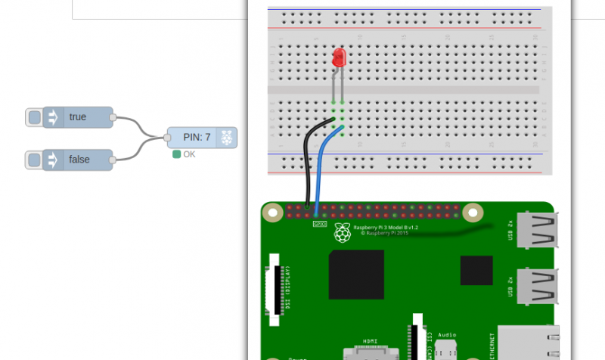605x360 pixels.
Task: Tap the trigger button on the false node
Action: coord(34,160)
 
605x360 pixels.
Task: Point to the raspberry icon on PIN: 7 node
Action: coord(227,137)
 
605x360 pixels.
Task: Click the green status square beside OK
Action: coord(177,154)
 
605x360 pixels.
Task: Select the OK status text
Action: coord(189,154)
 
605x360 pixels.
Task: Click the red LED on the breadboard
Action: coord(338,57)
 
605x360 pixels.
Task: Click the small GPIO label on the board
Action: coord(319,222)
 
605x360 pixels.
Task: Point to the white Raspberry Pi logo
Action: coord(343,233)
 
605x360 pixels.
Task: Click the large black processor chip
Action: coord(356,274)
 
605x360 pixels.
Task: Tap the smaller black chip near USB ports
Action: coord(476,270)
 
